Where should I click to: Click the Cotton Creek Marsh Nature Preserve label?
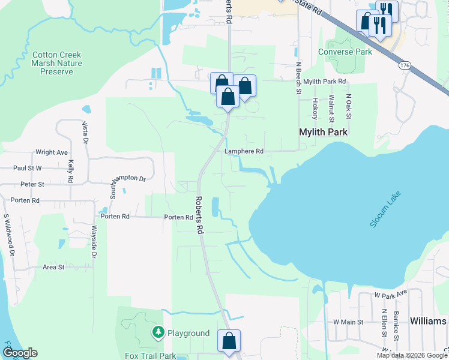(56, 63)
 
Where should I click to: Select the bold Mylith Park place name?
(324, 131)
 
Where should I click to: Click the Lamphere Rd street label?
(244, 152)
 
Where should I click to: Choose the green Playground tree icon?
(158, 332)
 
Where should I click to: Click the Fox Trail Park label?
(150, 356)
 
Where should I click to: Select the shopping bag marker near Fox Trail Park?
(229, 341)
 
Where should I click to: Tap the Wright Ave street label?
(52, 152)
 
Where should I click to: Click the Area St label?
(53, 267)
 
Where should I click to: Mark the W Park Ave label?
(390, 295)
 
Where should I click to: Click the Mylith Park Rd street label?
(325, 82)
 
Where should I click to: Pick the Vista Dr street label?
(85, 133)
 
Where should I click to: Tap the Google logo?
(20, 353)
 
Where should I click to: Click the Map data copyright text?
(412, 355)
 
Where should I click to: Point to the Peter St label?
(32, 184)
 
